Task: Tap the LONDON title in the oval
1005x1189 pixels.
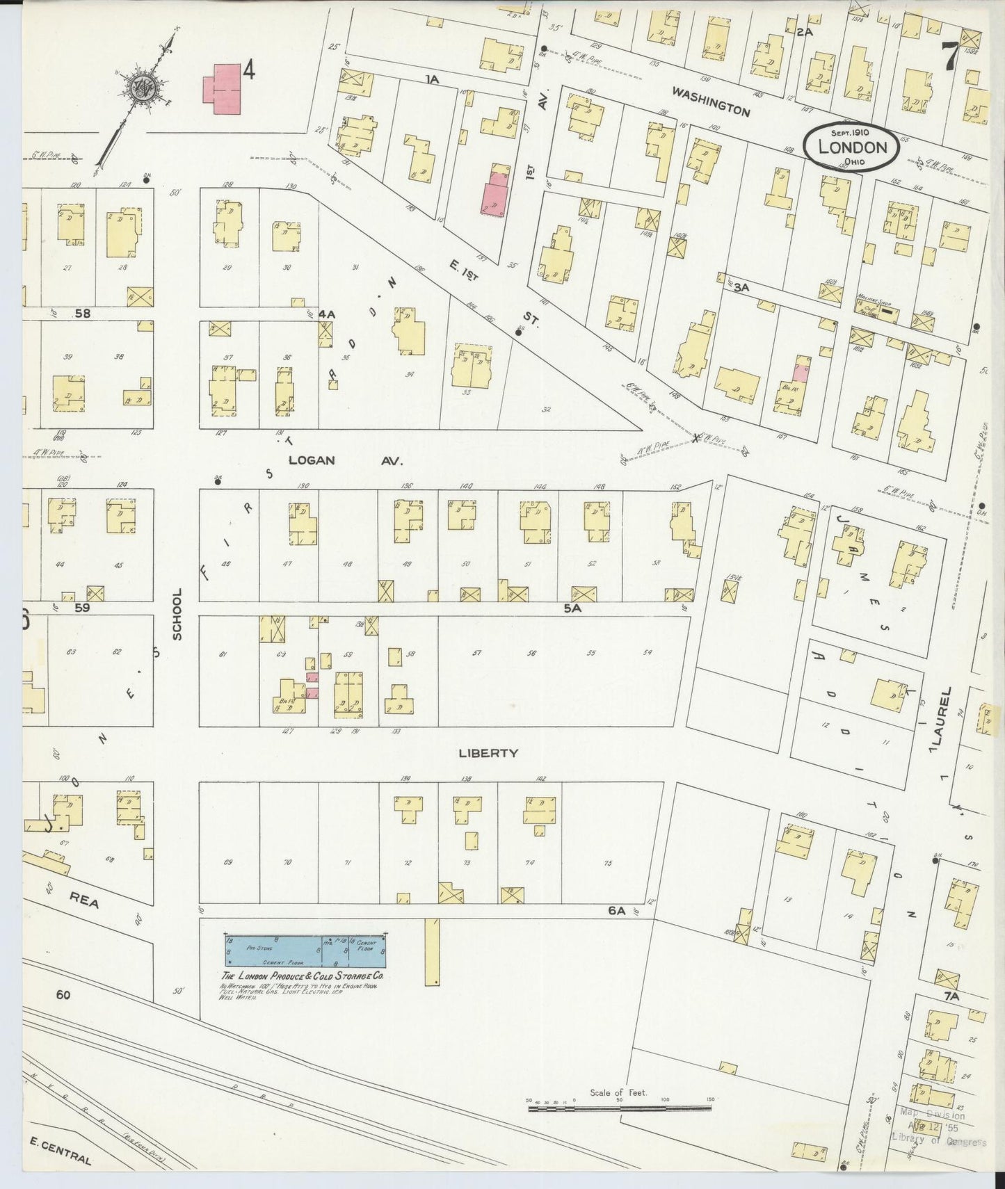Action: (x=852, y=147)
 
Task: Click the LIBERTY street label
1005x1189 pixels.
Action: (x=488, y=753)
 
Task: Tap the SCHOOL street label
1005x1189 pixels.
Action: (x=177, y=614)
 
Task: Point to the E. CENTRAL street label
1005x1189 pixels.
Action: (x=61, y=1155)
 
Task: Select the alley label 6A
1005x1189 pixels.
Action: (x=617, y=909)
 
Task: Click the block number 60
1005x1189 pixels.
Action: (x=63, y=995)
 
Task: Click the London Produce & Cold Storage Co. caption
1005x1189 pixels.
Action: (x=301, y=976)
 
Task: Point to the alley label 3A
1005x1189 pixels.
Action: (x=741, y=286)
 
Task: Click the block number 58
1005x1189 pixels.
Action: (x=83, y=314)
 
